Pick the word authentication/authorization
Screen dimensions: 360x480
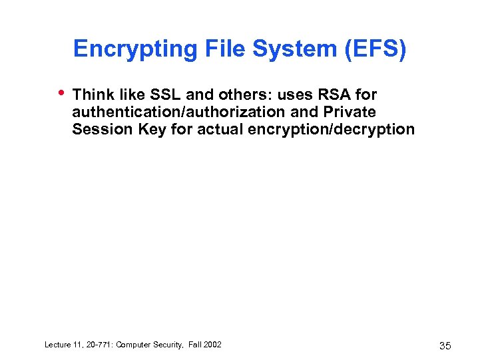[x=179, y=112]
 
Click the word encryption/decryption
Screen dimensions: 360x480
[x=331, y=128]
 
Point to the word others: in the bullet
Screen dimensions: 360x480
[x=238, y=95]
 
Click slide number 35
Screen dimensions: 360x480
[x=445, y=345]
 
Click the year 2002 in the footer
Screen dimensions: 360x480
[x=212, y=344]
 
